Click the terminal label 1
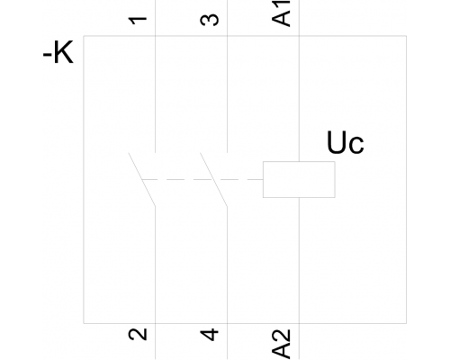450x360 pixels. tap(138, 21)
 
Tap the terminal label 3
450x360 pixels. tap(210, 21)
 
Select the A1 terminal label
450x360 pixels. tap(281, 13)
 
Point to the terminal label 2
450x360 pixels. tap(138, 335)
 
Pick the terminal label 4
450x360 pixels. tap(210, 335)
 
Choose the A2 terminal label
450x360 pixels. tap(281, 344)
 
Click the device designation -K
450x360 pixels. tap(58, 53)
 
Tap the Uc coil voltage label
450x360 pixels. tap(346, 142)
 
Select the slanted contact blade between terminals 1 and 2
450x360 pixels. tap(142, 179)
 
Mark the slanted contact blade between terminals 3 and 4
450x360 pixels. tap(213, 179)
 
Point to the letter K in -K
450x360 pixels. tap(63, 53)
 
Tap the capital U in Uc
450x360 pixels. tap(336, 142)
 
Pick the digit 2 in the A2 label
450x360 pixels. tap(281, 336)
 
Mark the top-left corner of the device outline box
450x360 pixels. tap(84, 36)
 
